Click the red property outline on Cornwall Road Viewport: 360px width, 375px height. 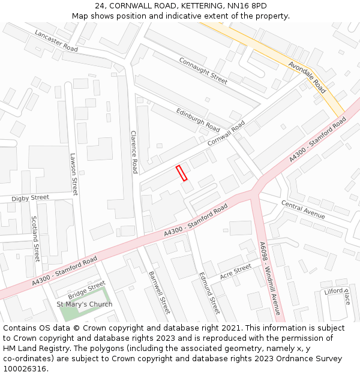pos(182,173)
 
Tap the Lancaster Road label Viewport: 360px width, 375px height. pos(56,40)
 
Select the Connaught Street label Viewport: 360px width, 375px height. pos(203,71)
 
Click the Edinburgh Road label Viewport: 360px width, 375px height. pos(198,119)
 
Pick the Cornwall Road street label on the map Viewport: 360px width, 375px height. pos(226,134)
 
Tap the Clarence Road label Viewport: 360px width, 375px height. pos(134,152)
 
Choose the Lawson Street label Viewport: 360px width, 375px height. pos(74,174)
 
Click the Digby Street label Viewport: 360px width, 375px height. pos(31,197)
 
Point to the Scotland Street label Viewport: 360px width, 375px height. pos(35,239)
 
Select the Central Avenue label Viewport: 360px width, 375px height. pos(303,209)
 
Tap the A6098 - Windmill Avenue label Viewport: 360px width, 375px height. pos(269,278)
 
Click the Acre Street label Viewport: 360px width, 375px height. pos(235,271)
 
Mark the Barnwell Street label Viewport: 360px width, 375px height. pos(159,292)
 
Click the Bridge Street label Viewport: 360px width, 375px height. pos(86,291)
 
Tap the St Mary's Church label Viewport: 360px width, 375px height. pos(85,304)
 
